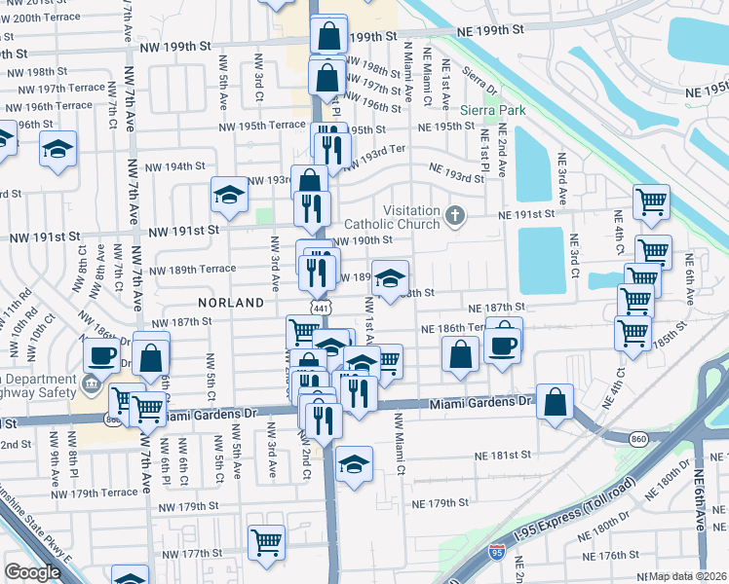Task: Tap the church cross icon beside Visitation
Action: click(453, 213)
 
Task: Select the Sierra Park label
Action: click(493, 110)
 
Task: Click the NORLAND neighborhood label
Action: click(230, 303)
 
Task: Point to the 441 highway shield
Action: click(321, 307)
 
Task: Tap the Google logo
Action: click(32, 573)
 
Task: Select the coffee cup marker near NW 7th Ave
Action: click(102, 356)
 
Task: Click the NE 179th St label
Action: click(441, 503)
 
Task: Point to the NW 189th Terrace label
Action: click(193, 269)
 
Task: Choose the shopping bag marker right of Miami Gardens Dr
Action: click(555, 402)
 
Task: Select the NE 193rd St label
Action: click(457, 177)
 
